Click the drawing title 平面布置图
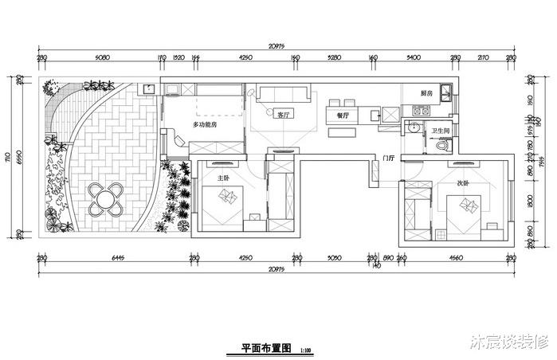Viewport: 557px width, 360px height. click(x=268, y=348)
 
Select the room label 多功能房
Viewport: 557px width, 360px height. click(x=205, y=124)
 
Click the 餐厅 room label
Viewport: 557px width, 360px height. click(x=344, y=115)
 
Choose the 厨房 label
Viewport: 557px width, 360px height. click(x=426, y=93)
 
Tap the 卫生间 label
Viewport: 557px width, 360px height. click(x=441, y=130)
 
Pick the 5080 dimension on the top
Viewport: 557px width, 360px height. click(x=101, y=57)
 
